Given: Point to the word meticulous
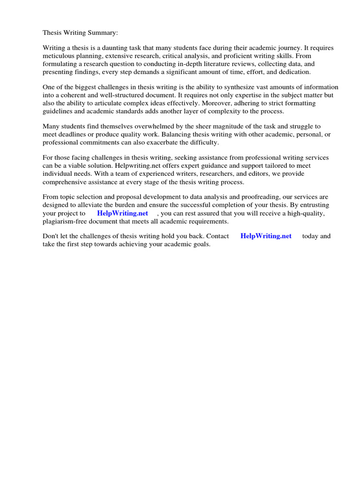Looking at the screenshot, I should pos(59,56).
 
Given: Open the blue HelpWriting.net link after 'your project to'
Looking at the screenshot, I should pos(122,213).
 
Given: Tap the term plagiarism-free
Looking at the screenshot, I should pos(67,221).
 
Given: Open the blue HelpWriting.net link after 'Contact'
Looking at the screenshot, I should pos(266,236).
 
